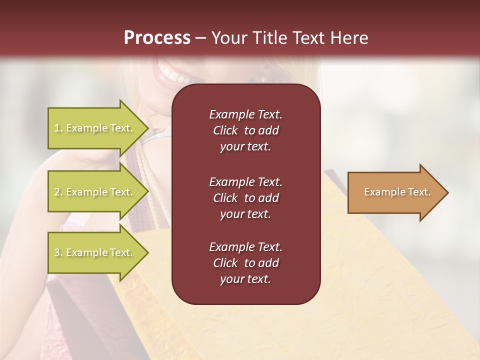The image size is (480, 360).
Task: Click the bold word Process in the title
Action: (157, 38)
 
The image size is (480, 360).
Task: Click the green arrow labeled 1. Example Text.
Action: (95, 128)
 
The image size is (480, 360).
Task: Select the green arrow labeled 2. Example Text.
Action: (95, 192)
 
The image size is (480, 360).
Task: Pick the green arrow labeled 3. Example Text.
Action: (95, 252)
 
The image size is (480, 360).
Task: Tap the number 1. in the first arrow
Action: (58, 128)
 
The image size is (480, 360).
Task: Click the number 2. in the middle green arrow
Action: (58, 192)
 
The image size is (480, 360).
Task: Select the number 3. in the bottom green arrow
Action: (58, 252)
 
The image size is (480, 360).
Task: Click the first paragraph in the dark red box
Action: (245, 130)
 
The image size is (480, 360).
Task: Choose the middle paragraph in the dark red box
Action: (245, 197)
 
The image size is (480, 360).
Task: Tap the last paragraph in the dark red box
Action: (245, 263)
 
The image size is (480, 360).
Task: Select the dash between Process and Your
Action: (200, 38)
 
